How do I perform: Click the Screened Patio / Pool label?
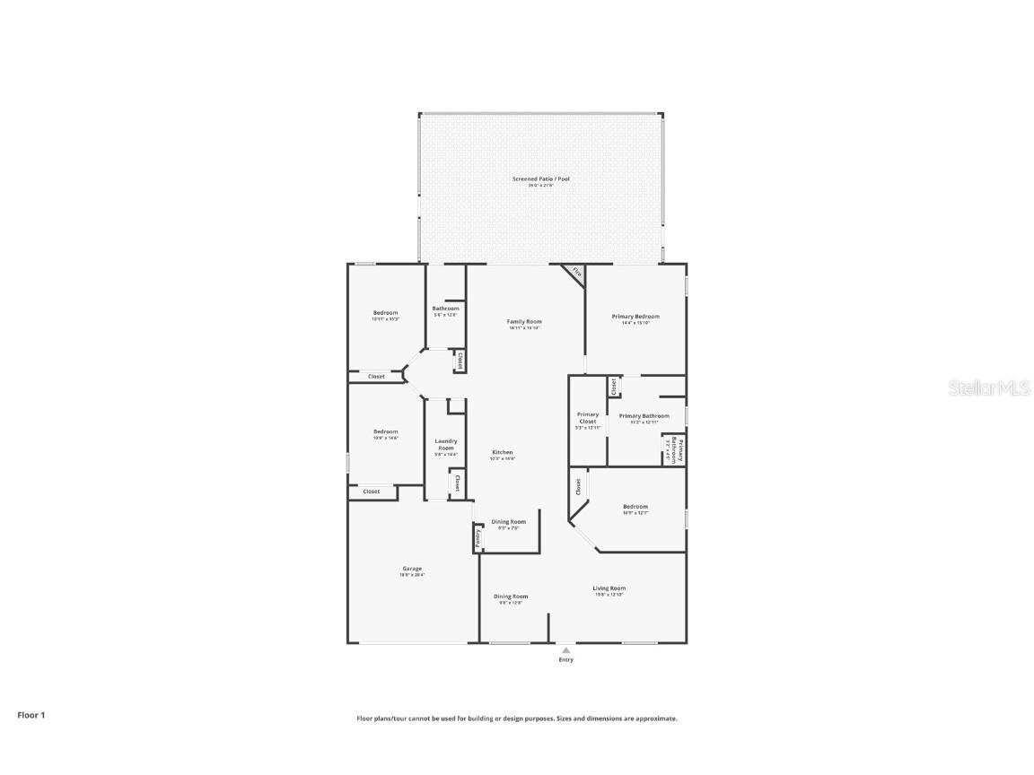pos(540,179)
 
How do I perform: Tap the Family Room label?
pos(524,322)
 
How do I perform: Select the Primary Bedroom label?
pos(635,317)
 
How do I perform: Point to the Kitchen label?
pos(503,452)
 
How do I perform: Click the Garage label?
pos(412,569)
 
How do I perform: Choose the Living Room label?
pos(609,588)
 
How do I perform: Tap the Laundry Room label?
pos(446,444)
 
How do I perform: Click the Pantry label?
pos(478,538)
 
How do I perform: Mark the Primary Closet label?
pos(588,418)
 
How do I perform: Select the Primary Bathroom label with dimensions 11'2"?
pos(644,416)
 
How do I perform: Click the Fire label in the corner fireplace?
pos(577,272)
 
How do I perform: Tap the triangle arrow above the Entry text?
pos(565,650)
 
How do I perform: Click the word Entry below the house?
pos(565,660)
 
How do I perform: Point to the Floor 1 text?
pos(31,715)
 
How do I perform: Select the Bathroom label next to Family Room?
pos(445,309)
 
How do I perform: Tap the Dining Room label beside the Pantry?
pos(509,521)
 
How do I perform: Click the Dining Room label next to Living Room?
pos(511,596)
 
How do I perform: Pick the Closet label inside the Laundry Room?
pos(457,483)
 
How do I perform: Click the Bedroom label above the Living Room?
pos(635,507)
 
